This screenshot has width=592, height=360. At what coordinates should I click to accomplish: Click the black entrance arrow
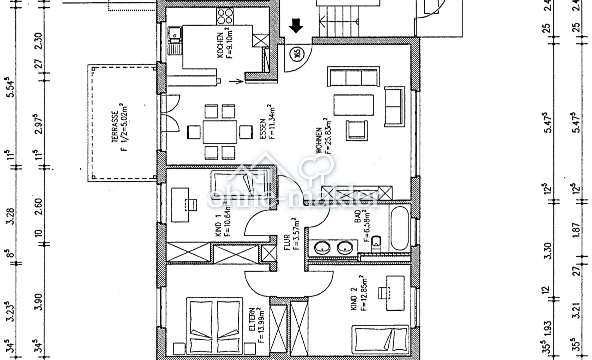coord(296,26)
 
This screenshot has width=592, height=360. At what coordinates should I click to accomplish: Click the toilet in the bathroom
coord(377,243)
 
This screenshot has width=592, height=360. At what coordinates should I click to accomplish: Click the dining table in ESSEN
coord(220,131)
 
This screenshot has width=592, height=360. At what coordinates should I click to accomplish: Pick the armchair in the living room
coord(357,130)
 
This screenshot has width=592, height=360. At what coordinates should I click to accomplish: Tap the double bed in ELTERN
coord(214,326)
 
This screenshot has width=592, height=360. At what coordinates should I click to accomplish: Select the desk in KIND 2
coord(395,293)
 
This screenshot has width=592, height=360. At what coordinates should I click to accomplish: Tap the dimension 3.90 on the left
coord(38,302)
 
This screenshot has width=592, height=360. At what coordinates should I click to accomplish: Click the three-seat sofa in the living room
coord(354,77)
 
